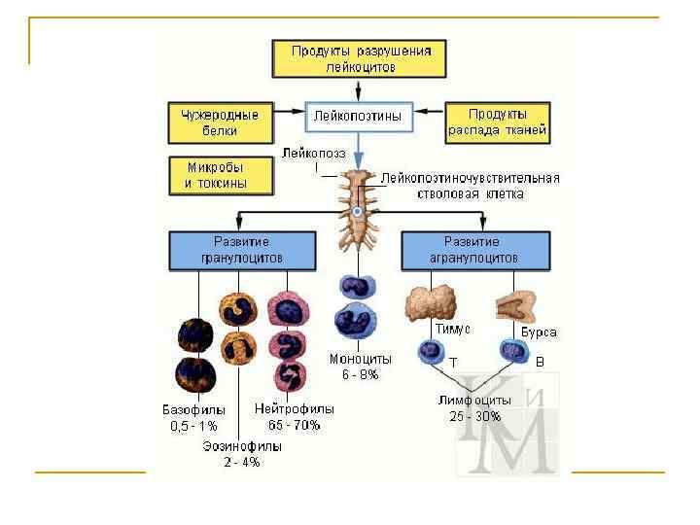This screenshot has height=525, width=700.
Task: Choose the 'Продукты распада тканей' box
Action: (498, 121)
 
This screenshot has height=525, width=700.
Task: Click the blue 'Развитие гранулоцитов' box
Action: (241, 250)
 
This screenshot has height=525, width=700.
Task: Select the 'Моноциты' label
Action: (360, 359)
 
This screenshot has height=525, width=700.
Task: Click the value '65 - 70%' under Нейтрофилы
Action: (293, 424)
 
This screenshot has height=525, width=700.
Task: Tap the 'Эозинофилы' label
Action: (242, 446)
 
